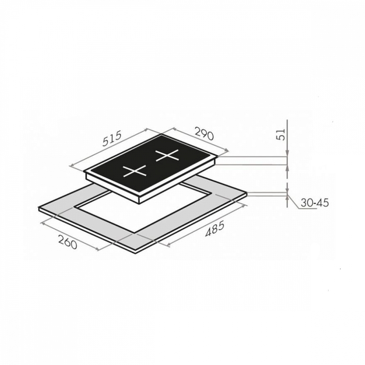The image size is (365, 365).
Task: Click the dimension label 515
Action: click(x=112, y=139)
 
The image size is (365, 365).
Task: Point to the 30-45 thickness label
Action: click(x=315, y=203)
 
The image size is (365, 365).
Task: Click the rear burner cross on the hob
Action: click(x=167, y=155)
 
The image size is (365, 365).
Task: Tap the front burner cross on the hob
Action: click(x=135, y=172)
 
